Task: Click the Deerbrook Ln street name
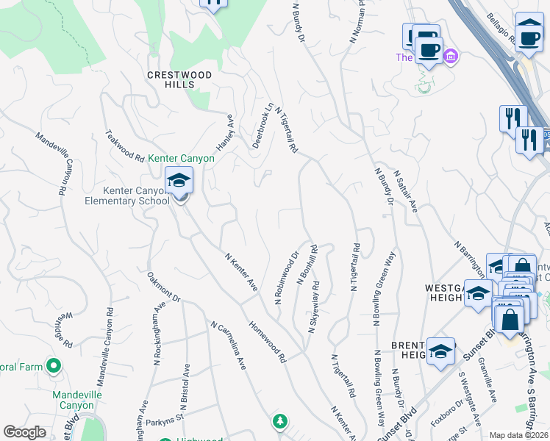[x=263, y=126]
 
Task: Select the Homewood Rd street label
[x=267, y=341]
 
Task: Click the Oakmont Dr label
[x=163, y=287]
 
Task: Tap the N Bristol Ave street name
[x=183, y=390]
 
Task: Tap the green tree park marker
[x=279, y=420]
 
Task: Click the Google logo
[x=25, y=432]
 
